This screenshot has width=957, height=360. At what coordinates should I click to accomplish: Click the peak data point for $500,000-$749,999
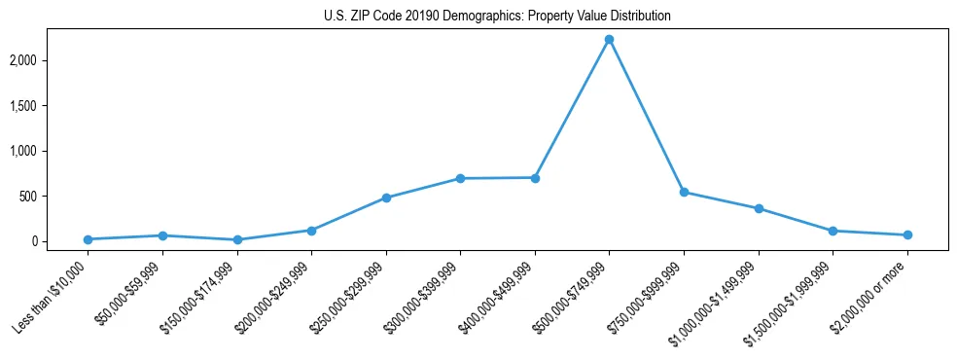click(x=609, y=40)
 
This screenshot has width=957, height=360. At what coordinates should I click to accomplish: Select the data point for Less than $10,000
click(x=88, y=239)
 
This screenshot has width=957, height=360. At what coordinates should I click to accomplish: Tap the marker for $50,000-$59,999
click(x=162, y=235)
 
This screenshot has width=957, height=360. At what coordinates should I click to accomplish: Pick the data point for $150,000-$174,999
click(x=237, y=240)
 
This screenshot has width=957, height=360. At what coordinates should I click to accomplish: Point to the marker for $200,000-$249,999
click(x=311, y=231)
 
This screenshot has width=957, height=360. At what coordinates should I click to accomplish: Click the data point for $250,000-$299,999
click(x=386, y=198)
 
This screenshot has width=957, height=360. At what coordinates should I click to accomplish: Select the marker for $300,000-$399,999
click(x=460, y=179)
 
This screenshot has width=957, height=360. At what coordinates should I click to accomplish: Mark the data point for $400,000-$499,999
click(x=535, y=178)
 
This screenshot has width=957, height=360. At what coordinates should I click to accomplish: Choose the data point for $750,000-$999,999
click(x=684, y=193)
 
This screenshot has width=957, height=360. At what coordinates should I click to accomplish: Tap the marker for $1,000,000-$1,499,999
click(x=759, y=209)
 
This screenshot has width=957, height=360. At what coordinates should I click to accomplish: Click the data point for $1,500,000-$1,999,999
click(x=833, y=231)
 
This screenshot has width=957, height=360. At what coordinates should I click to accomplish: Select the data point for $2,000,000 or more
click(x=907, y=234)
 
